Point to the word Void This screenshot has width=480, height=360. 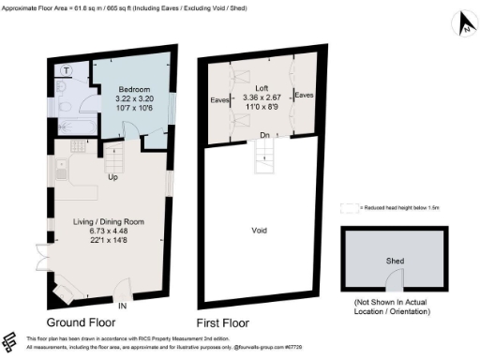[262, 229]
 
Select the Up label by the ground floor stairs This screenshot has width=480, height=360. [112, 177]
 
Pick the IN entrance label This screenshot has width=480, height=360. [122, 305]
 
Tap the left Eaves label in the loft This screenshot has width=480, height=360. [221, 98]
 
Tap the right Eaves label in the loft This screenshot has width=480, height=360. [303, 95]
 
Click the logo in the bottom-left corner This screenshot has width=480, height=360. [11, 339]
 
